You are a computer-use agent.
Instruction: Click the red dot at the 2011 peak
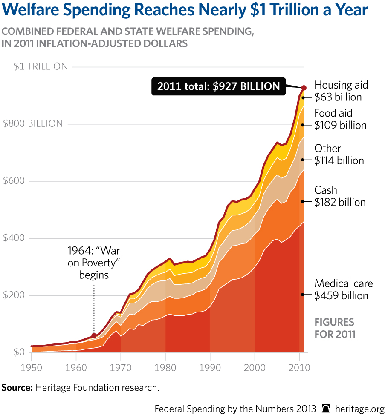coord(304,87)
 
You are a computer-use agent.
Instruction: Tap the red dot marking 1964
coord(94,335)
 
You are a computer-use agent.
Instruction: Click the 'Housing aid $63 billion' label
coord(341,91)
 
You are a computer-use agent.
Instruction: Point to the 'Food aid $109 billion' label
coord(340,119)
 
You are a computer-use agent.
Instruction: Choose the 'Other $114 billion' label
coord(339,155)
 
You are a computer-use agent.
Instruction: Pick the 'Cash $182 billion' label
coord(340,196)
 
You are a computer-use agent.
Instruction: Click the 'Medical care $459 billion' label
coord(344,289)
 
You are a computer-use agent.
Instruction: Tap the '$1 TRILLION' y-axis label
coord(41,66)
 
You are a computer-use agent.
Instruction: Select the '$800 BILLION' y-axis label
coord(33,124)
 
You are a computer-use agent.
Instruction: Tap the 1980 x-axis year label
coord(165,367)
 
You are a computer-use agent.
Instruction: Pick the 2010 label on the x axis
coord(298,367)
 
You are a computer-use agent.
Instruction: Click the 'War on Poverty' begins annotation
coord(94,263)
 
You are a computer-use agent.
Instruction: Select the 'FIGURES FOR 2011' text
coord(334,328)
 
